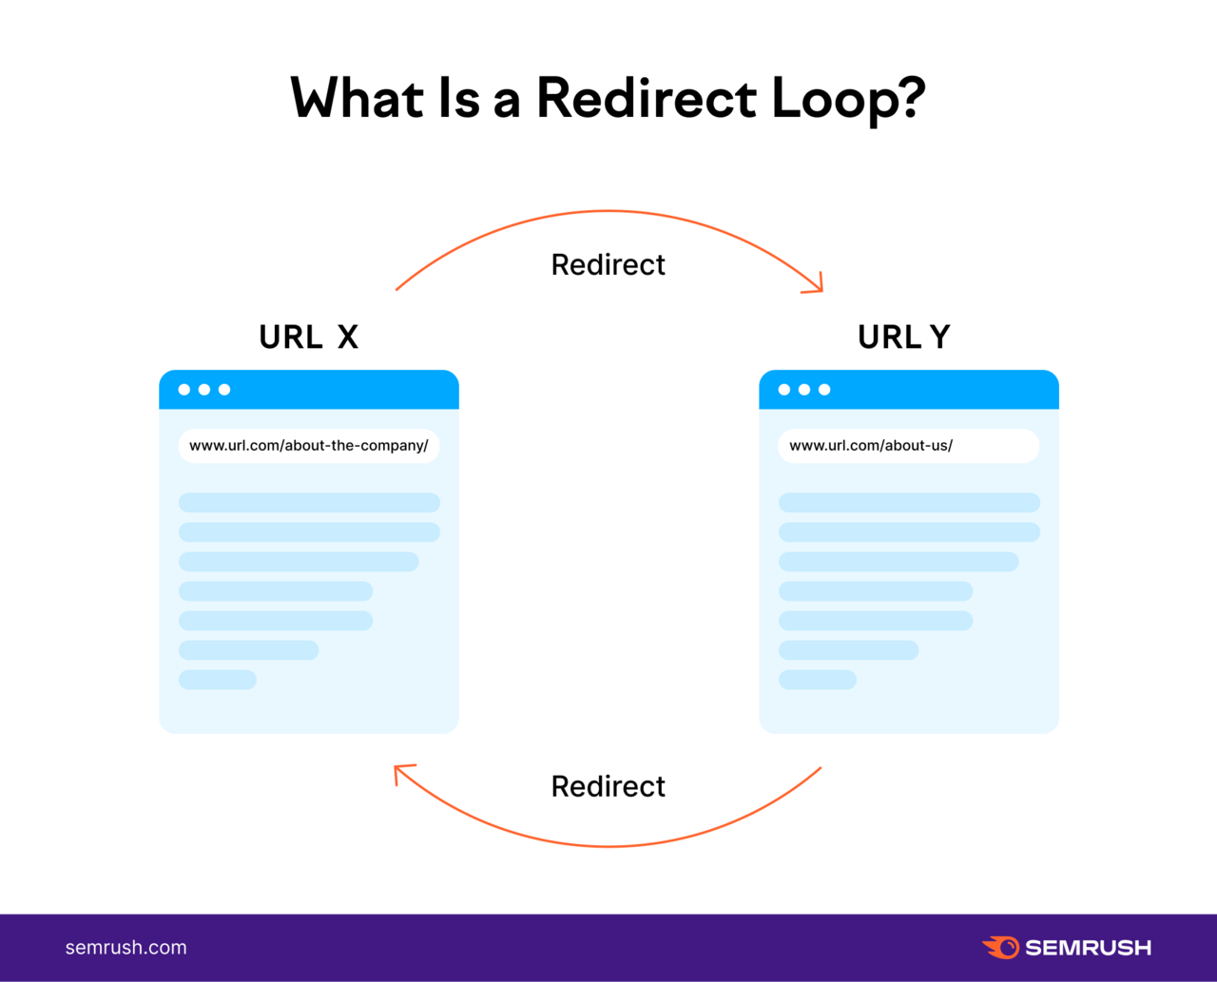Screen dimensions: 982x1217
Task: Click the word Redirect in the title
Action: click(x=647, y=98)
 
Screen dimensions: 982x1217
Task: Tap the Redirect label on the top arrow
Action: click(x=608, y=264)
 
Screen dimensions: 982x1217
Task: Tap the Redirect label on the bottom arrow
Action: click(x=608, y=786)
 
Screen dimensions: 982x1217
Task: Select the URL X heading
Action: click(x=308, y=337)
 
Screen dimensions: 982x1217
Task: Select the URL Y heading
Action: click(x=903, y=337)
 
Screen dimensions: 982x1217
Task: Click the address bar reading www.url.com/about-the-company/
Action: click(x=308, y=446)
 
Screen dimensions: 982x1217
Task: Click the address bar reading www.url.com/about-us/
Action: click(x=908, y=446)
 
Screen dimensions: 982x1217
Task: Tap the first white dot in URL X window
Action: click(x=184, y=390)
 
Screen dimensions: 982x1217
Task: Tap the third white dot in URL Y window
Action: click(x=824, y=390)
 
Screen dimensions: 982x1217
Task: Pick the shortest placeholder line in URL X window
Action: click(x=218, y=680)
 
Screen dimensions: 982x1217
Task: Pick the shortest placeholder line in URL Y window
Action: click(x=818, y=680)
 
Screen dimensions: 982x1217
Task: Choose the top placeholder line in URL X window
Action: click(x=309, y=502)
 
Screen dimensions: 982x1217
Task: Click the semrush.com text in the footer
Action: click(x=126, y=948)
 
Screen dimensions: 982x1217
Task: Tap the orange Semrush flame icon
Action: click(x=1001, y=947)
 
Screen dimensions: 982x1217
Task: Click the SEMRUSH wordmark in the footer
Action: click(x=1089, y=948)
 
